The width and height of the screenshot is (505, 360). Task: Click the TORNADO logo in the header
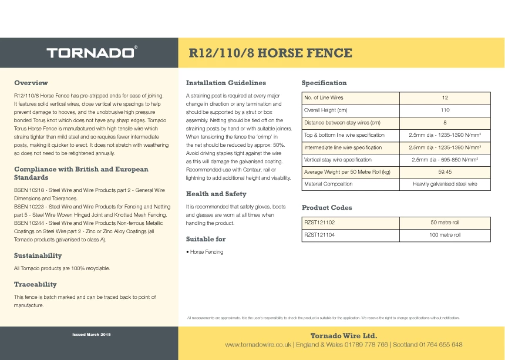pyautogui.click(x=92, y=53)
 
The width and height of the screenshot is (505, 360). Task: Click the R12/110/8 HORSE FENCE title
pyautogui.click(x=270, y=53)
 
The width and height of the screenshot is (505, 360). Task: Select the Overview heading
pyautogui.click(x=31, y=83)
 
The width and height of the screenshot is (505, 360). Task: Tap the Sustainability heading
pyautogui.click(x=38, y=255)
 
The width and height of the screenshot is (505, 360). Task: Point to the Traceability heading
pyautogui.click(x=35, y=284)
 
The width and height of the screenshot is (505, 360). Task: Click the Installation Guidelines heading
pyautogui.click(x=225, y=83)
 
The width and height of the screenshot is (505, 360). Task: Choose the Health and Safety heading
pyautogui.click(x=216, y=194)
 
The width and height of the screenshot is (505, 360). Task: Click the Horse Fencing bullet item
pyautogui.click(x=206, y=252)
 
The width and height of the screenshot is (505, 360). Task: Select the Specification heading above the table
pyautogui.click(x=324, y=83)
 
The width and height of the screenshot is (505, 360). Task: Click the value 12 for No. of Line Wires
pyautogui.click(x=445, y=97)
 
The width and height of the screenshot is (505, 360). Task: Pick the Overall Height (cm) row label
pyautogui.click(x=325, y=110)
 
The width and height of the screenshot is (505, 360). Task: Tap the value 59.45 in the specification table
pyautogui.click(x=445, y=171)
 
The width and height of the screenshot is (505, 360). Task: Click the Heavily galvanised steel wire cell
pyautogui.click(x=445, y=184)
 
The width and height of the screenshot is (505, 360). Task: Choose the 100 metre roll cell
pyautogui.click(x=445, y=234)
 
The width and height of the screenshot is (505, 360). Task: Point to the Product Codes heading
pyautogui.click(x=326, y=207)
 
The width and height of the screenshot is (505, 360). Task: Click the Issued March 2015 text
pyautogui.click(x=91, y=334)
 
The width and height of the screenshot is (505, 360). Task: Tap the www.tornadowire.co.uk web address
pyautogui.click(x=258, y=345)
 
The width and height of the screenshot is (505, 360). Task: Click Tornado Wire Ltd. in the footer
pyautogui.click(x=344, y=335)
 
